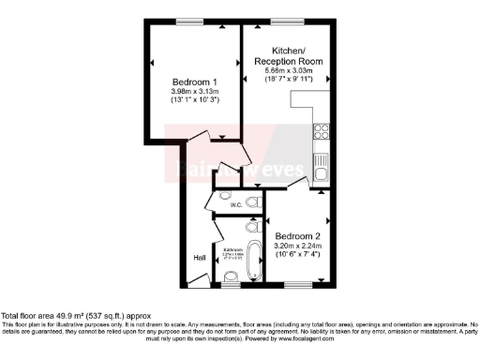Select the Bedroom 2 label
(x=296, y=235)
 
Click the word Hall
(x=199, y=257)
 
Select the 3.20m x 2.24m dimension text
(x=296, y=246)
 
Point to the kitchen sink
(x=321, y=167)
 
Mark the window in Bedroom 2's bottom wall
(x=298, y=284)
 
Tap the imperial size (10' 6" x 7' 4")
(x=296, y=255)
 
